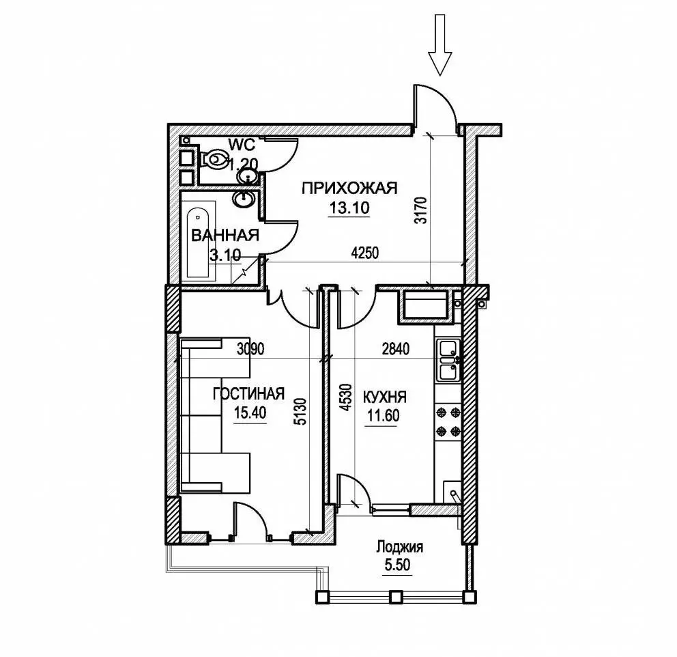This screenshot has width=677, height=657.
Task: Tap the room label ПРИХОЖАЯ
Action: click(x=349, y=188)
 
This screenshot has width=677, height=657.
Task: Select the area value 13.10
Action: click(x=349, y=208)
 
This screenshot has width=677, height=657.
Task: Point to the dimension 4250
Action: click(x=365, y=253)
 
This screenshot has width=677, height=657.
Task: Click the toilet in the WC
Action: click(x=214, y=159)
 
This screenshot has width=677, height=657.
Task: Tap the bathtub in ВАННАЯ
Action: click(x=201, y=239)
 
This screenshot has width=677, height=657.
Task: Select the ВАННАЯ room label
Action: click(x=225, y=236)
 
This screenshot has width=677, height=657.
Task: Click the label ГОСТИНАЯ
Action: click(x=249, y=393)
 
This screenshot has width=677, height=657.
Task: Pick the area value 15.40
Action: click(x=250, y=413)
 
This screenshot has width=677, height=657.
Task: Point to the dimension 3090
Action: click(x=250, y=348)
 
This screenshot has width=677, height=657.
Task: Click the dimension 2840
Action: click(x=396, y=348)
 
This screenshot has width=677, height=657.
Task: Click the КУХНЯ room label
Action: click(x=385, y=397)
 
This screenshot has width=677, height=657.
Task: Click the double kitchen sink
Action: click(x=448, y=360)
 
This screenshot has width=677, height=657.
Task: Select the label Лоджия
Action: click(x=399, y=547)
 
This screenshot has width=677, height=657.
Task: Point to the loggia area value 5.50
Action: click(x=398, y=565)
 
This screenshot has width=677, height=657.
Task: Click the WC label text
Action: click(x=242, y=144)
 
